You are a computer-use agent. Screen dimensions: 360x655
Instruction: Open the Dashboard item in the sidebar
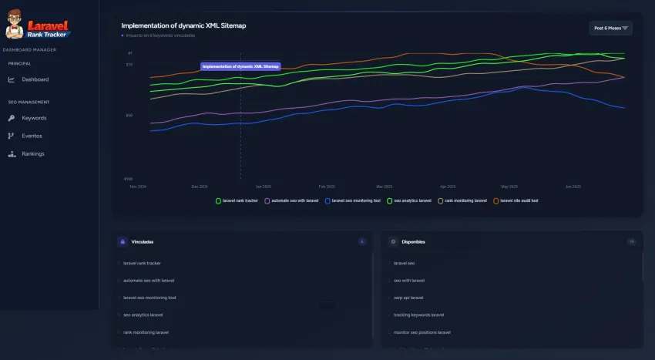tap(35, 79)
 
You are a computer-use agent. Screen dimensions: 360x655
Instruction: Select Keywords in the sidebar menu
tap(34, 118)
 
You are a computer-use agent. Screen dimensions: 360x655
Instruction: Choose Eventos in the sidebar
tap(32, 136)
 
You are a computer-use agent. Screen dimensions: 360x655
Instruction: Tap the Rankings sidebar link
tap(32, 153)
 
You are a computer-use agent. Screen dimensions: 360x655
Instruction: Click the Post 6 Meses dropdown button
tap(610, 29)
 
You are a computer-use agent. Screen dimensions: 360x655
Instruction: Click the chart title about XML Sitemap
tap(183, 25)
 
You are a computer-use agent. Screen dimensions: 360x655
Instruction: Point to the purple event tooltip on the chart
tap(240, 66)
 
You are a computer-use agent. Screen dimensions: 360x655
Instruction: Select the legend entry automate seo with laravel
tap(294, 200)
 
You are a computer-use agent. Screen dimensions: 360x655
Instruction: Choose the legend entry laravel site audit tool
tap(518, 200)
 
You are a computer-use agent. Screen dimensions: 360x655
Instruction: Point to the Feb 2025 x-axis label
tap(327, 187)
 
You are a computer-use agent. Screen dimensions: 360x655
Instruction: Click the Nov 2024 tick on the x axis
tap(138, 187)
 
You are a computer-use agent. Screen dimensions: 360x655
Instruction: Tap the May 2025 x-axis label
tap(509, 187)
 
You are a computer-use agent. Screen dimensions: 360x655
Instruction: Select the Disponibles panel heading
tap(413, 242)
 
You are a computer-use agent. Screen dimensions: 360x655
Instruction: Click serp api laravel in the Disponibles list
tap(408, 298)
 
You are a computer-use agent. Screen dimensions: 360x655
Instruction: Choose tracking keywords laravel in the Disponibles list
tap(418, 315)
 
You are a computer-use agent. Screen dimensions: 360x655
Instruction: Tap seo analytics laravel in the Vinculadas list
tap(143, 315)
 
